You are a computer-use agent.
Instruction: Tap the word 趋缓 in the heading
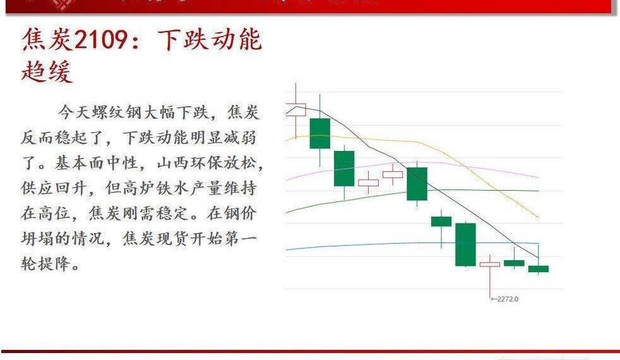pos(47,71)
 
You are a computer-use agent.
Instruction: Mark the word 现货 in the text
pos(172,239)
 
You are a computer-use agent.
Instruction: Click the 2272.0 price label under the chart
pos(506,299)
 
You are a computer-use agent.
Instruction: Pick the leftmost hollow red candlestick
pos(295,109)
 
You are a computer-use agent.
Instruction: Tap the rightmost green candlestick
pos(538,268)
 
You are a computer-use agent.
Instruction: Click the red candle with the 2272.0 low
pos(489,264)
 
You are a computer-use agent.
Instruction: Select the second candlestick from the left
pos(319,133)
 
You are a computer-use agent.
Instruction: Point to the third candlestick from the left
pos(344,169)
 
